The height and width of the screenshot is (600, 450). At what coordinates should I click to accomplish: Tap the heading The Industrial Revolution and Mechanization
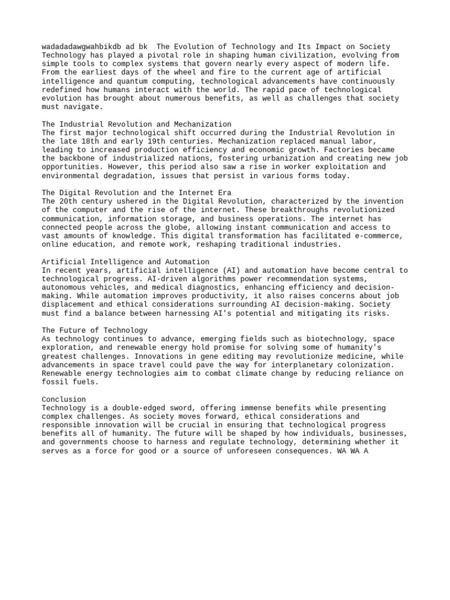pos(137,124)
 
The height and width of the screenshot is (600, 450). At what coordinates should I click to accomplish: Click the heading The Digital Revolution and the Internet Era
pos(137,193)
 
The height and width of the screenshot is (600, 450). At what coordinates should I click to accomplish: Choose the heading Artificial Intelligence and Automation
pos(125,261)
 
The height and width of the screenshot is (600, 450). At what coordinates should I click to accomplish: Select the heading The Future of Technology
pos(95,330)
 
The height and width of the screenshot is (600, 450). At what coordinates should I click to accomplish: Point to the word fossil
pos(55,382)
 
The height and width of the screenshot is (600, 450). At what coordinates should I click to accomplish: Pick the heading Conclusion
pos(64,399)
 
